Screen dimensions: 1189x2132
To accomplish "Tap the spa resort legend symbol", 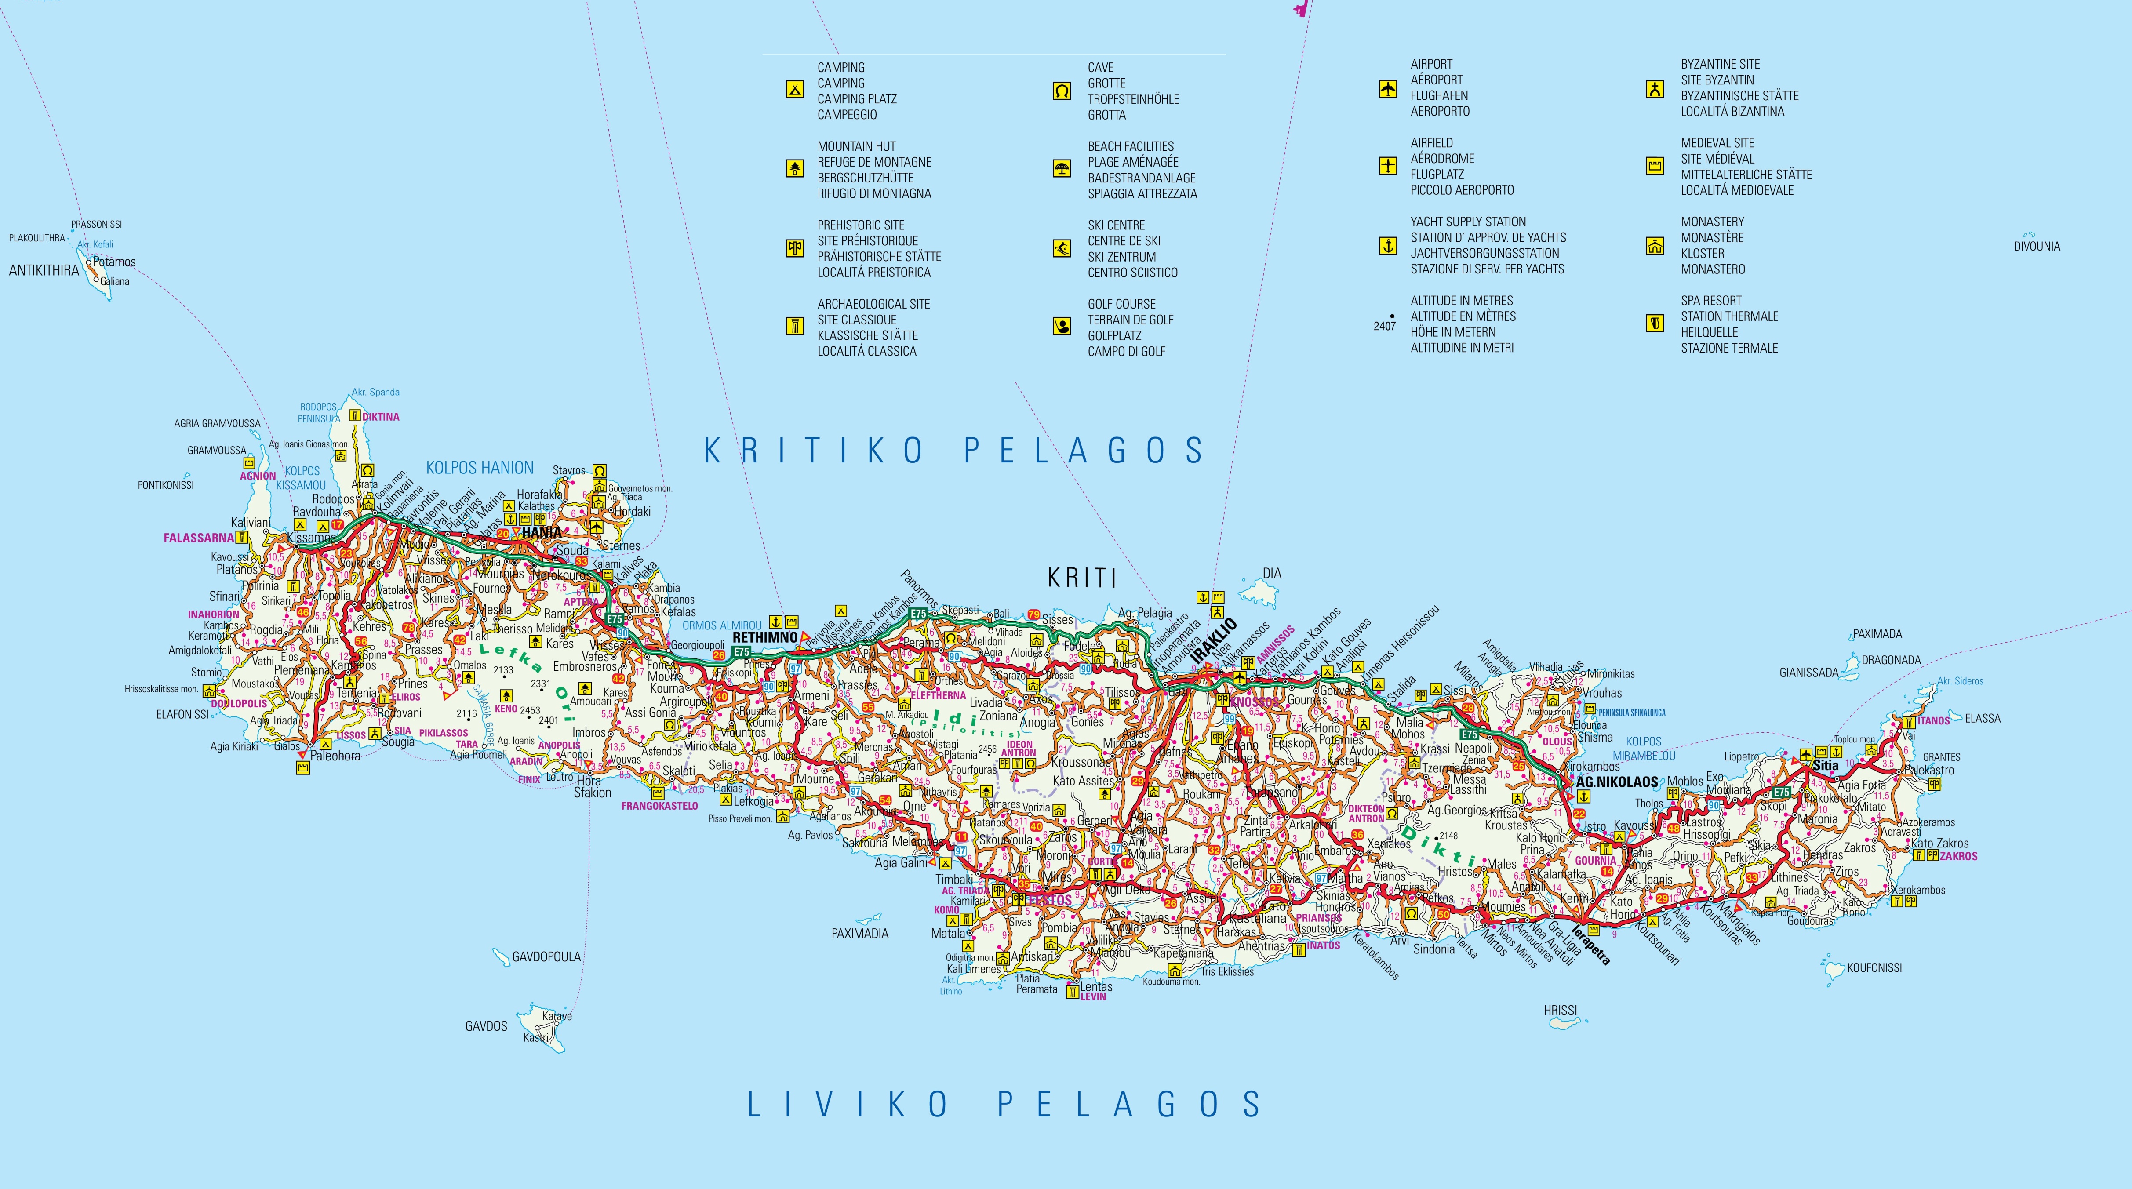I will tap(1655, 324).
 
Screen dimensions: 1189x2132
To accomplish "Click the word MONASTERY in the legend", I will tap(1712, 222).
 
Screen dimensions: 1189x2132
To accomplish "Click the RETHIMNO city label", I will tap(765, 638).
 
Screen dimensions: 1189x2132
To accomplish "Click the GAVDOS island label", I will tap(486, 1026).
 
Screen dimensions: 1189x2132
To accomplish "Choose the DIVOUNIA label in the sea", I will tap(2037, 247).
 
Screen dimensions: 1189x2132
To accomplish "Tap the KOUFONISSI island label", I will tap(1874, 967).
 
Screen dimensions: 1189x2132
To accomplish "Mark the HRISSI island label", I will tap(1560, 1010).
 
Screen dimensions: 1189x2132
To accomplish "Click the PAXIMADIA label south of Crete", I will tap(860, 933).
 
